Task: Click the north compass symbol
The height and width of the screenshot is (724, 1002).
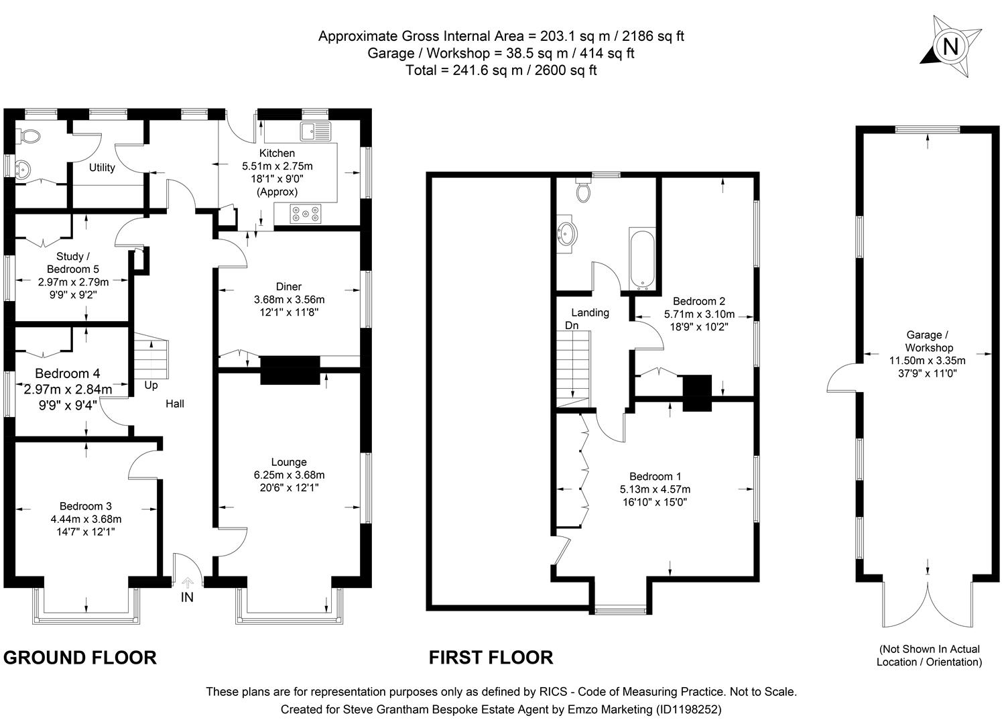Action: click(x=950, y=47)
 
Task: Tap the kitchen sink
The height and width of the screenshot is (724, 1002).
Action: click(x=316, y=131)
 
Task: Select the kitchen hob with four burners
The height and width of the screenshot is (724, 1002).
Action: click(x=306, y=214)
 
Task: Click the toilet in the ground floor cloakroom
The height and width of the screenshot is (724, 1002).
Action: click(x=29, y=136)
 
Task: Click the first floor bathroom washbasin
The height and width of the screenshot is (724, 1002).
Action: click(x=568, y=234)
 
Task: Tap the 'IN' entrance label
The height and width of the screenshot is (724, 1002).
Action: click(x=187, y=597)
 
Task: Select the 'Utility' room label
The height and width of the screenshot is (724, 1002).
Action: click(x=102, y=168)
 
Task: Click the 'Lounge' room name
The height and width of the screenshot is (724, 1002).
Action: click(x=289, y=462)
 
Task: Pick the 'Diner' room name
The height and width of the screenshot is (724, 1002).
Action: click(x=289, y=286)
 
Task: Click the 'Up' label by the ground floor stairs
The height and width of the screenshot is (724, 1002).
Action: click(x=151, y=385)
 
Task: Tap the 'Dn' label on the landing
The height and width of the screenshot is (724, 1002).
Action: click(x=571, y=325)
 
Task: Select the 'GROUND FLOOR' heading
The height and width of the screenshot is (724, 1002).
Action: click(x=80, y=658)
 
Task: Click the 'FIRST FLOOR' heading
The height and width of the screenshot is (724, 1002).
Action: click(x=491, y=658)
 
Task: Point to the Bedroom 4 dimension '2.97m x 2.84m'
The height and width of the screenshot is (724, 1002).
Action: click(x=68, y=389)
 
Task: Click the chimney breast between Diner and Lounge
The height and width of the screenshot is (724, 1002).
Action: click(x=290, y=370)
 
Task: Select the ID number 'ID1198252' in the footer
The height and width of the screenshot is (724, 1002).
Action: click(x=686, y=709)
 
